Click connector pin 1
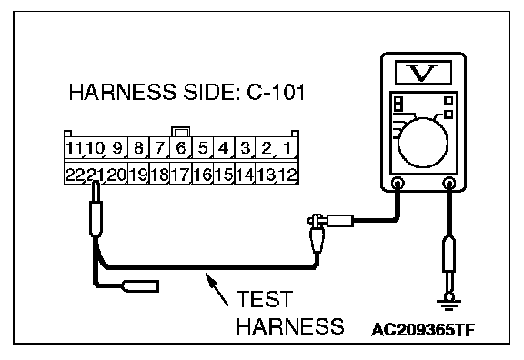coord(287,147)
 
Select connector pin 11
coord(75,147)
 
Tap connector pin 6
coord(181,147)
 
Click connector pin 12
coord(287,174)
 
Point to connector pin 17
coord(181,174)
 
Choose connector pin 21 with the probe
coord(96,174)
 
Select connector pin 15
coord(224,174)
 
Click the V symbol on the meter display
coord(422,73)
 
